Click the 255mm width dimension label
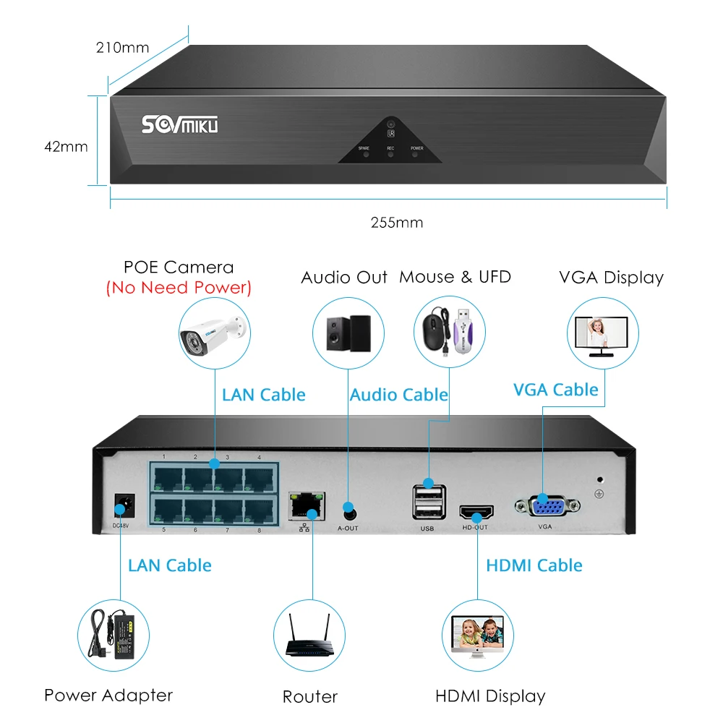pyautogui.click(x=396, y=223)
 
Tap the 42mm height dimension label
pyautogui.click(x=66, y=147)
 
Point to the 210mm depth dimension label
pyautogui.click(x=122, y=48)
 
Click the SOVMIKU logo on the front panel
pyautogui.click(x=179, y=125)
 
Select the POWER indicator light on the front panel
pyautogui.click(x=416, y=154)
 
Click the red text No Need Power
pyautogui.click(x=179, y=288)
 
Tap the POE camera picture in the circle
pyautogui.click(x=215, y=333)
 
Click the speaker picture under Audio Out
pyautogui.click(x=348, y=333)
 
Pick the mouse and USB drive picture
pyautogui.click(x=449, y=333)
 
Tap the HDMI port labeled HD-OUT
pyautogui.click(x=476, y=513)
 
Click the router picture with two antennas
pyautogui.click(x=309, y=636)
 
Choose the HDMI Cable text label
pyautogui.click(x=534, y=565)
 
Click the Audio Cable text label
pyautogui.click(x=398, y=395)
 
